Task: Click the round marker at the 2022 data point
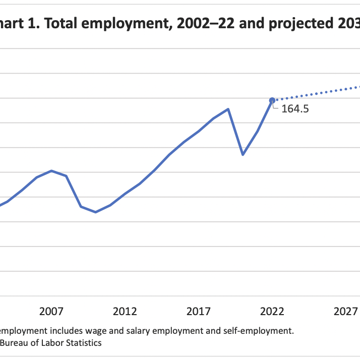point(272,100)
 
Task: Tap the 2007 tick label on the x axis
point(52,311)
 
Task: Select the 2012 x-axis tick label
point(125,311)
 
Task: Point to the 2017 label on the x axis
point(199,311)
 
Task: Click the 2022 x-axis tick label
point(272,311)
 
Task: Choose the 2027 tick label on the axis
point(345,311)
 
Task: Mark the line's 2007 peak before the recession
point(52,170)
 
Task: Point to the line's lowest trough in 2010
point(96,212)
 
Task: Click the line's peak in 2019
point(228,109)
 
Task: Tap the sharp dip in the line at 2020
point(243,154)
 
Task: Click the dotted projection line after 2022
point(318,93)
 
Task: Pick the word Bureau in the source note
point(14,343)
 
